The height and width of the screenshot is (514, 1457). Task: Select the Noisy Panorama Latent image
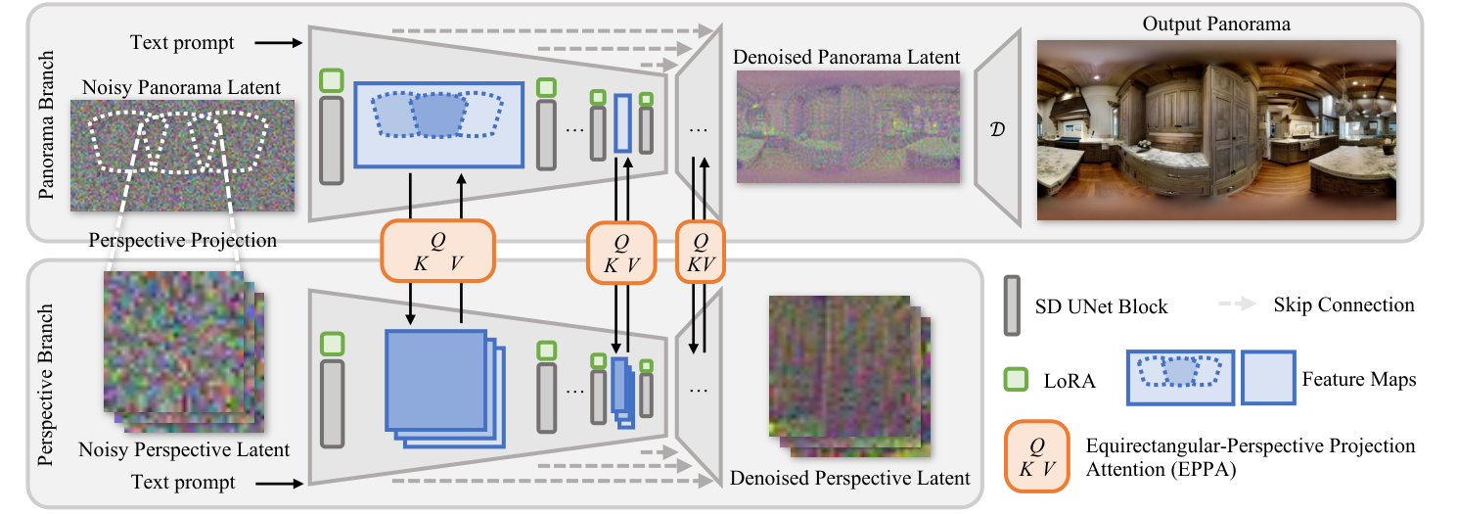(182, 156)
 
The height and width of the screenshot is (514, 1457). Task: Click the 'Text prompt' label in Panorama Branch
(183, 42)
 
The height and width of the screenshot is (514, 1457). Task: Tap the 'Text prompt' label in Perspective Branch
(183, 482)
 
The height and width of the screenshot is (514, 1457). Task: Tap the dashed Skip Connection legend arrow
(1239, 305)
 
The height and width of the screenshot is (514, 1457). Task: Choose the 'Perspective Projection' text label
(182, 240)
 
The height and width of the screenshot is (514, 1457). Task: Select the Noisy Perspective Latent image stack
(182, 354)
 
